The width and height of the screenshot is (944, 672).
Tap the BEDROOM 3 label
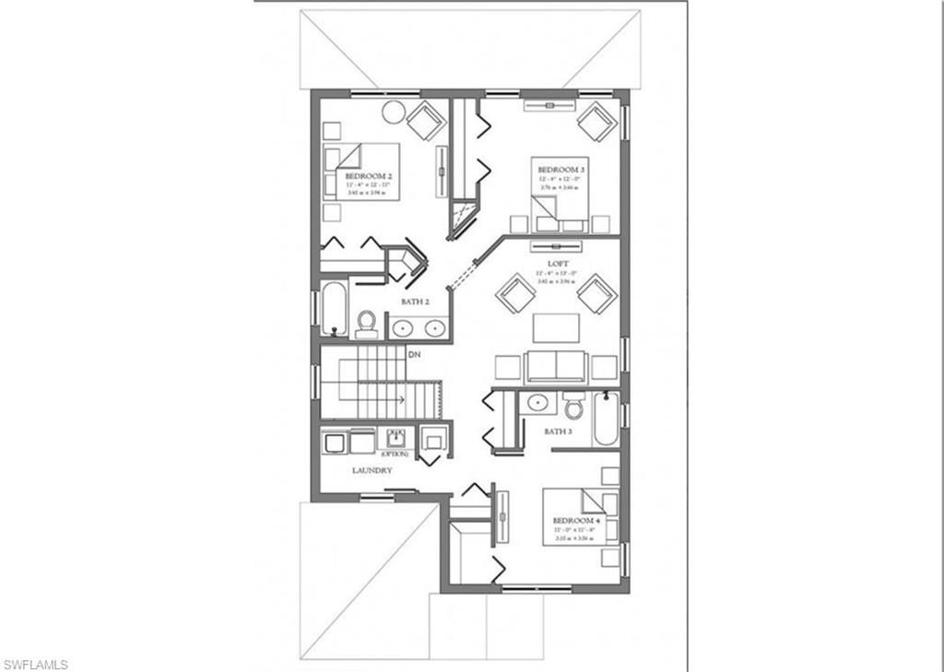560,170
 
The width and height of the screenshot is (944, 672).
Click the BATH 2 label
414,301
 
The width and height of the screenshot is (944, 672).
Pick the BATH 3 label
558,430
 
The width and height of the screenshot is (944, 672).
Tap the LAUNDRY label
372,470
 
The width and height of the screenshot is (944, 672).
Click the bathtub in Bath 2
334,309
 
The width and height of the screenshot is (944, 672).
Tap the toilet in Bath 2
367,324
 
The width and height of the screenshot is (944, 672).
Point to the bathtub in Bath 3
606,419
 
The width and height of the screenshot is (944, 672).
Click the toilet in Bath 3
573,406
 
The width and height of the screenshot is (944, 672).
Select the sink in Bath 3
534,403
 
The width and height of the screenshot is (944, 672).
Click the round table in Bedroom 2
394,112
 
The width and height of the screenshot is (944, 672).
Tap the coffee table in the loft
556,328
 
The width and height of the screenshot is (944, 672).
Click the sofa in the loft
556,367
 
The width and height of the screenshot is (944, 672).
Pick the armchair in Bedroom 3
597,121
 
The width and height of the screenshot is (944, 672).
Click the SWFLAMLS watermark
35,664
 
